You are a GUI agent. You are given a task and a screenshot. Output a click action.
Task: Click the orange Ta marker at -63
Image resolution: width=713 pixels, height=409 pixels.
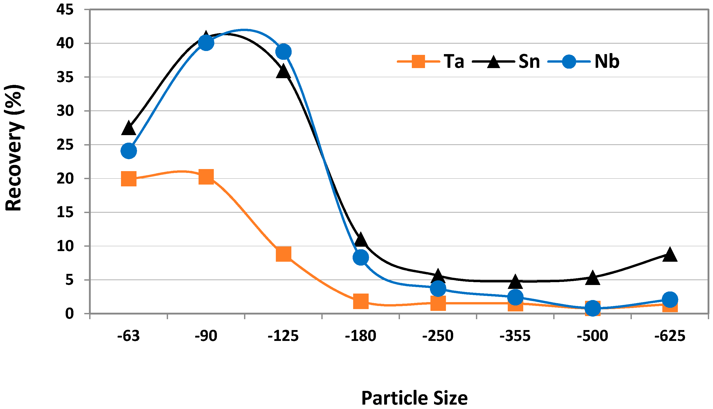(129, 179)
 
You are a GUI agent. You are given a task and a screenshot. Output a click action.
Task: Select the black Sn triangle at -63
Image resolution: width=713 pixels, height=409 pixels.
(129, 129)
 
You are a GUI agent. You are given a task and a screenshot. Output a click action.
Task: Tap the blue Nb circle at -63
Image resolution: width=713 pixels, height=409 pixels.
(129, 151)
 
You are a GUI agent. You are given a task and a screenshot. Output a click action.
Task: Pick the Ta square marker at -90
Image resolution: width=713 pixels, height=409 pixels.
(206, 177)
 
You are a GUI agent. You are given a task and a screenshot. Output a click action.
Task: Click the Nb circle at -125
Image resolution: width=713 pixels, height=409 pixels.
(283, 52)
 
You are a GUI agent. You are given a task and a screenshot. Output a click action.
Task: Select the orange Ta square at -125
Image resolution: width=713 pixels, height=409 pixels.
(283, 254)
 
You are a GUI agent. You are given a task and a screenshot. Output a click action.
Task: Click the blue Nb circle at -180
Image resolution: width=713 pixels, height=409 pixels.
(361, 257)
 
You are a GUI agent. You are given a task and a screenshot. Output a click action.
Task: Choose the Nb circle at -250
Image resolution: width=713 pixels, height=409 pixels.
(438, 288)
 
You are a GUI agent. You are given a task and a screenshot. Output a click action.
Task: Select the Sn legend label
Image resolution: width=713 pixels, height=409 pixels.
(529, 61)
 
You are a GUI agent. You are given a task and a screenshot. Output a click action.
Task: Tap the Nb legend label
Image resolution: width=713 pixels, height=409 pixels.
(607, 61)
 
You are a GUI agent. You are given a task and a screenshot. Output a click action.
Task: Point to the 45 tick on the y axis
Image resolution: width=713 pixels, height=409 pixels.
(65, 10)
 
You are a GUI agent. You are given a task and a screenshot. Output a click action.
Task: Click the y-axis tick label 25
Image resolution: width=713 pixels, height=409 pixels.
(65, 145)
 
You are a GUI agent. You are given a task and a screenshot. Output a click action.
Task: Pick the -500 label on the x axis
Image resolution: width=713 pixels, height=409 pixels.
(592, 336)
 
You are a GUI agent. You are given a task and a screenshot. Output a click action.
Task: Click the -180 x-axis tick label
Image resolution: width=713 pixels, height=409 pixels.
(360, 336)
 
